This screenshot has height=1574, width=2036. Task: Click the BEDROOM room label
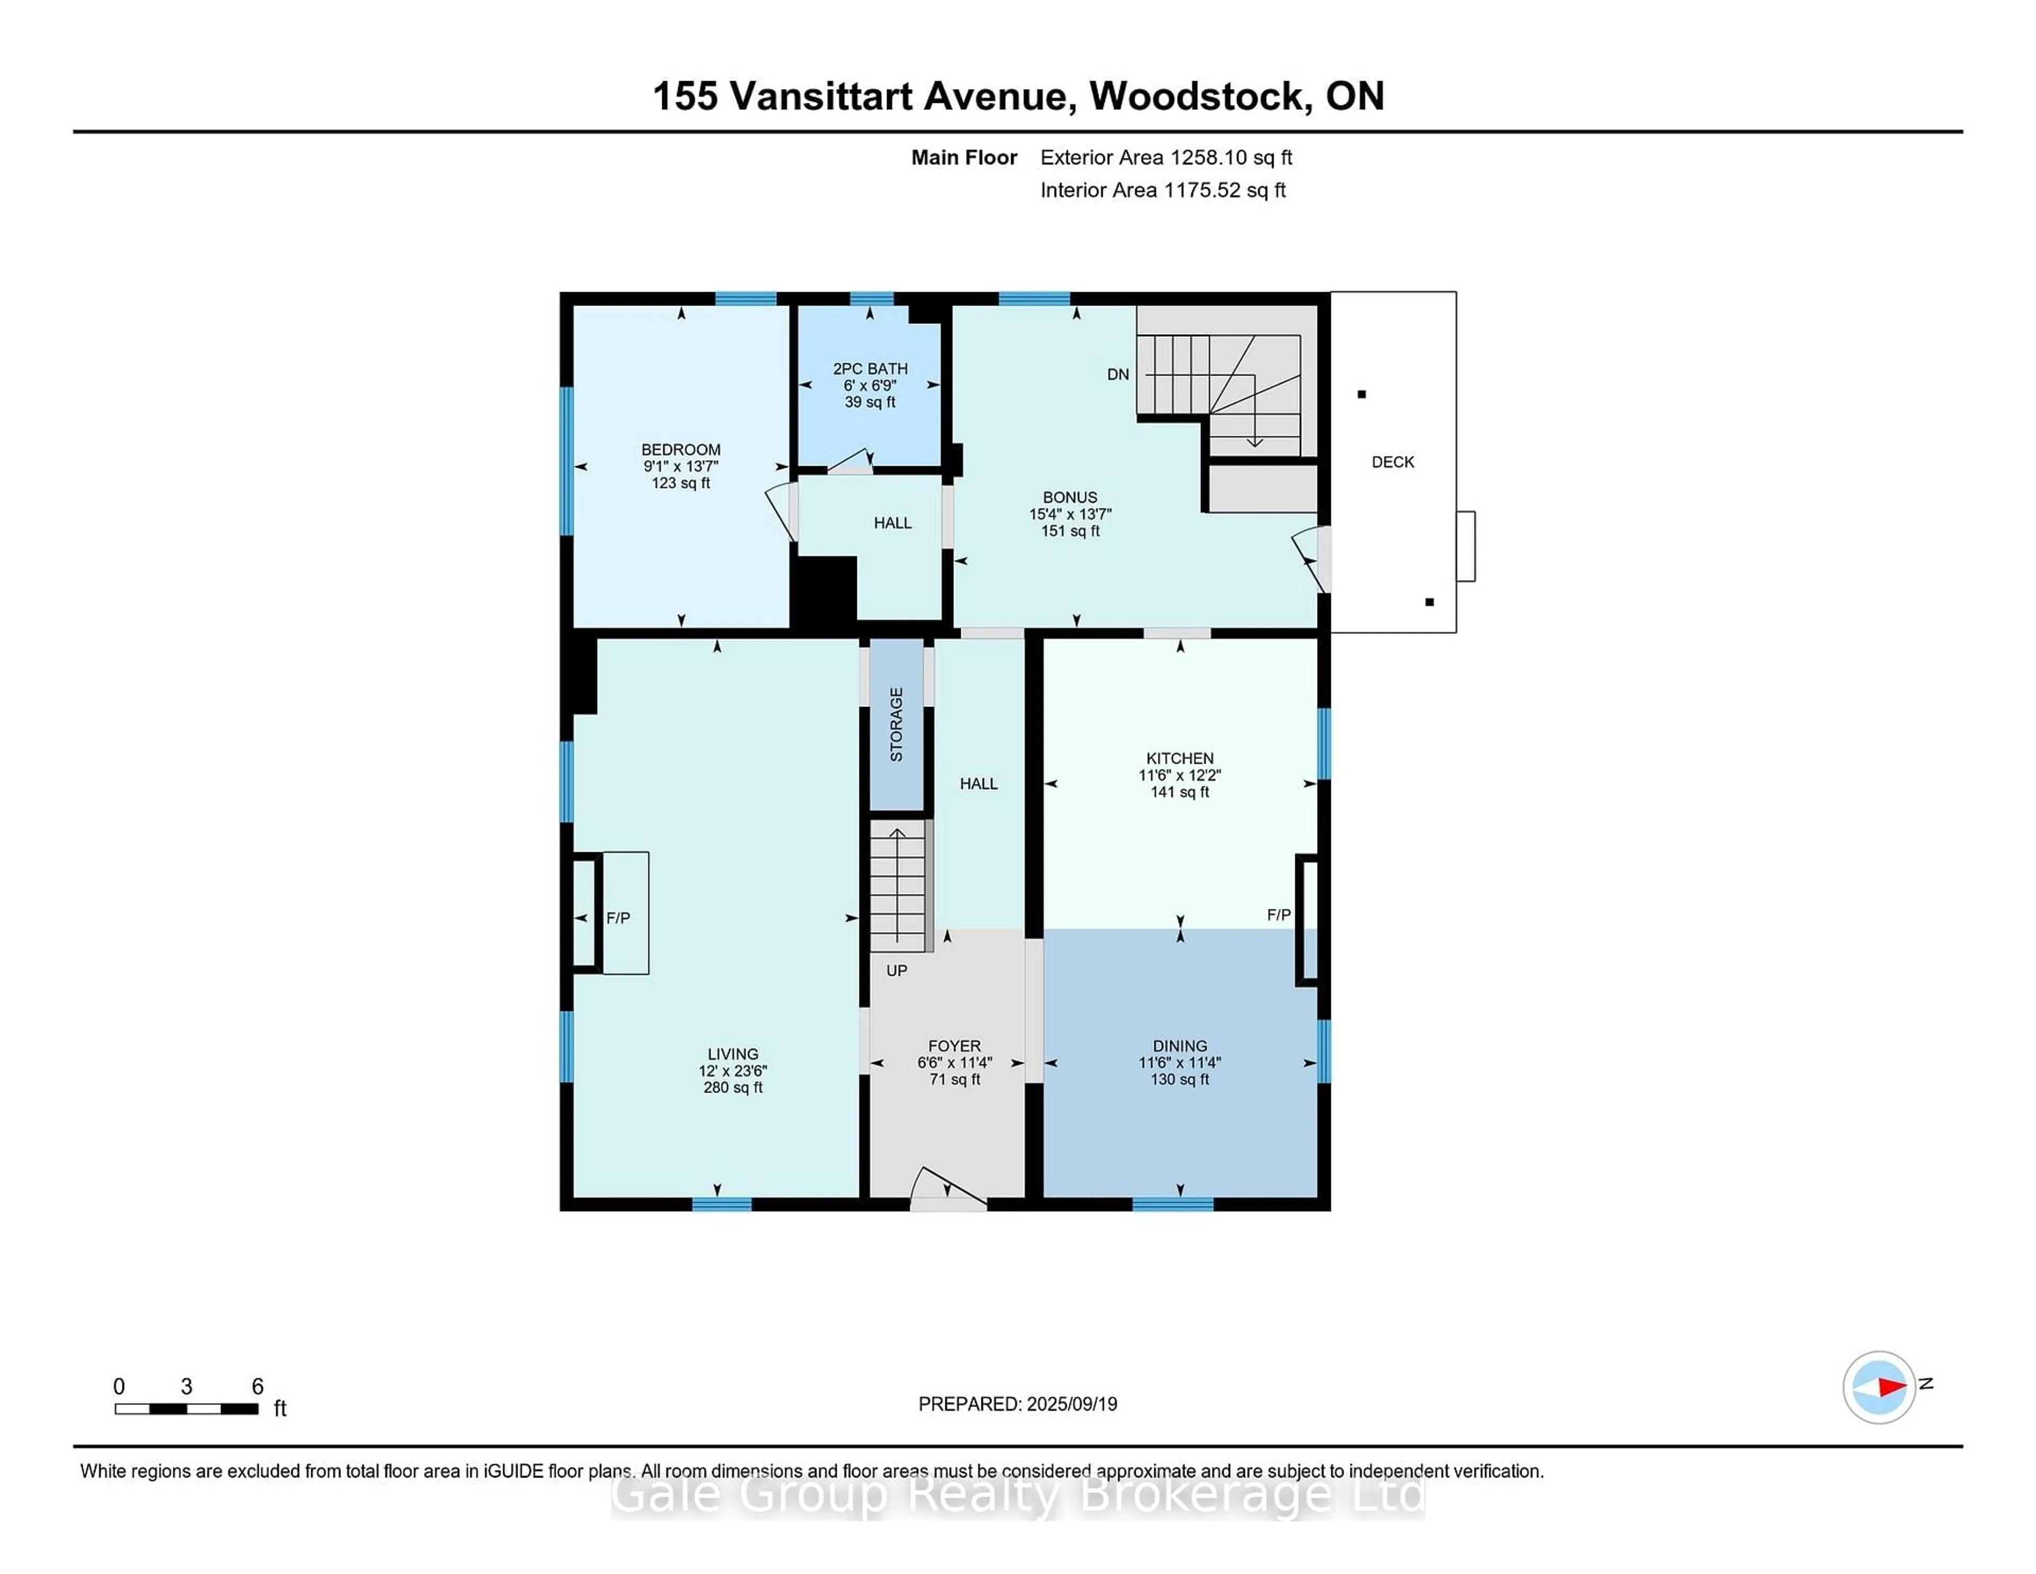(681, 449)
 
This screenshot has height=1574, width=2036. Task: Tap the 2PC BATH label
(870, 369)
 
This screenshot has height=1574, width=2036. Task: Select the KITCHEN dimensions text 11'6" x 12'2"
(1179, 775)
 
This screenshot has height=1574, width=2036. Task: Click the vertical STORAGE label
(896, 724)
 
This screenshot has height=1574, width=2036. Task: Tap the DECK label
(1393, 461)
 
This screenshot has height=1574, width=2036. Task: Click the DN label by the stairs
(1118, 374)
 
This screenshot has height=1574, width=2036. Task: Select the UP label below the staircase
(896, 970)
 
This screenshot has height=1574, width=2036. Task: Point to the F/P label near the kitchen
(1278, 915)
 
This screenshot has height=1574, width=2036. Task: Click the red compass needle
(1891, 1387)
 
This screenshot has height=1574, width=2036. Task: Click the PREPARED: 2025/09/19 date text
(1017, 1403)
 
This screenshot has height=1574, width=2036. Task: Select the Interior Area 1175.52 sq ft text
(1163, 190)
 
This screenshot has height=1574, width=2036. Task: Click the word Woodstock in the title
(1196, 96)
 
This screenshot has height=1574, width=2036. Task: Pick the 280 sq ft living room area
(733, 1087)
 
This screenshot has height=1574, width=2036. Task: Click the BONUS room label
(1069, 497)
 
